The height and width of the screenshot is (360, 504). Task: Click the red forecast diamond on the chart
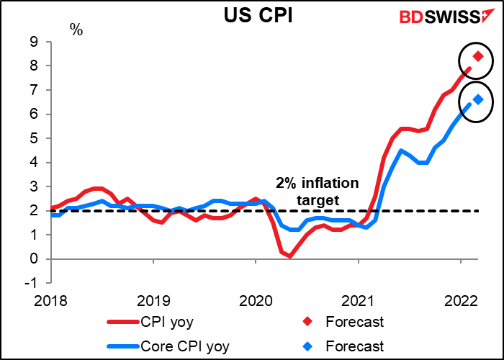[477, 55]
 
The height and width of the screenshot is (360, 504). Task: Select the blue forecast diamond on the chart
[477, 99]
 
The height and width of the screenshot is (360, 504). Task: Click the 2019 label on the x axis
[153, 301]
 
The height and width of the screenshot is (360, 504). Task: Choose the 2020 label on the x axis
[256, 301]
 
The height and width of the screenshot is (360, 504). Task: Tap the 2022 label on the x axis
[462, 301]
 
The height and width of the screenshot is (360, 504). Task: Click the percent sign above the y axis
[75, 30]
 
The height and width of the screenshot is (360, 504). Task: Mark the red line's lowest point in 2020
[290, 256]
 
